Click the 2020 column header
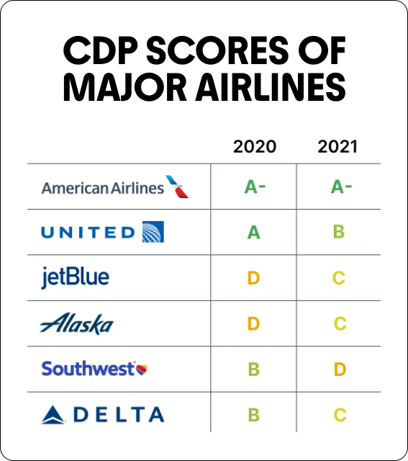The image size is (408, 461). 254,147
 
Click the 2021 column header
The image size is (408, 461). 337,147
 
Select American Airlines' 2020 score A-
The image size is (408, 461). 255,187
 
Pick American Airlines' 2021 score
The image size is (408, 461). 340,187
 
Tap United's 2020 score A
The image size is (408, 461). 253,233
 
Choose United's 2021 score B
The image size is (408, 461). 340,233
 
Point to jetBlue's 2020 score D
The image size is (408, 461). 253,278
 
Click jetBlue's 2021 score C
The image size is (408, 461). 340,278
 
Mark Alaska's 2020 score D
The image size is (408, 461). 253,324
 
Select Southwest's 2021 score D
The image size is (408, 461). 340,370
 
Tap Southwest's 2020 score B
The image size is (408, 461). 253,370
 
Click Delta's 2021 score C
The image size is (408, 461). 340,415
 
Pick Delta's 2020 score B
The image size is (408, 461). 253,415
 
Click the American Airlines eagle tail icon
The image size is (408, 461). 177,187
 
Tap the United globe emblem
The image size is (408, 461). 153,232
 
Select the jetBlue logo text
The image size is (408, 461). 76,277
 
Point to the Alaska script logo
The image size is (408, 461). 76,324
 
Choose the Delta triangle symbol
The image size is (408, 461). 54,415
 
